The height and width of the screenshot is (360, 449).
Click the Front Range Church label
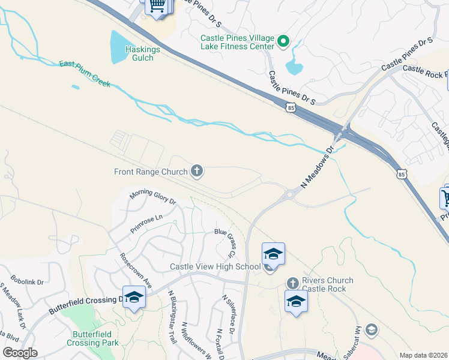pos(151,172)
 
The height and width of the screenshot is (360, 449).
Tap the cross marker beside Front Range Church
pos(196,172)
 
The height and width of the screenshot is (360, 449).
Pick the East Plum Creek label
pos(85,73)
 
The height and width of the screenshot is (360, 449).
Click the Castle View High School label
pos(215,266)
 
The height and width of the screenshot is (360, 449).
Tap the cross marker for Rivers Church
pos(292,283)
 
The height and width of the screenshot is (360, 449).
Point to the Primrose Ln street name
pos(146,224)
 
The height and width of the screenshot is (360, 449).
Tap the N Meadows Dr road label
pos(316,169)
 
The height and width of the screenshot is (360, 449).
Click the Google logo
pos(20,353)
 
